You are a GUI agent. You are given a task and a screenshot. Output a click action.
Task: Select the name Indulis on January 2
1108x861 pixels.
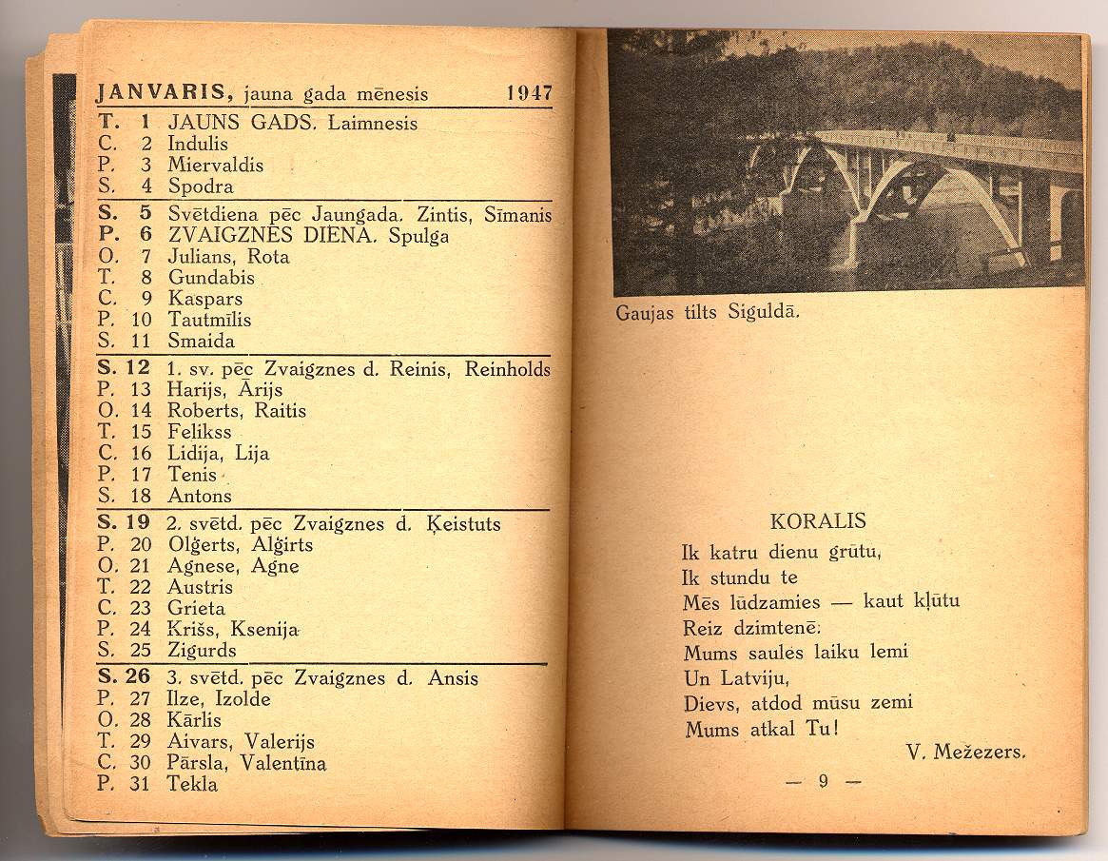(198, 145)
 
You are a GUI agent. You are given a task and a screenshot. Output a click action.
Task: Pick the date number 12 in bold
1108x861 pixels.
(138, 368)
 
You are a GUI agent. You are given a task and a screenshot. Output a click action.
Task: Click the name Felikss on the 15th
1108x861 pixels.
(199, 432)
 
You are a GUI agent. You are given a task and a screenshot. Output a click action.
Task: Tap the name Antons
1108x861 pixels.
(200, 496)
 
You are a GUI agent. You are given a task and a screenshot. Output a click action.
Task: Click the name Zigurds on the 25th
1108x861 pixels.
(202, 651)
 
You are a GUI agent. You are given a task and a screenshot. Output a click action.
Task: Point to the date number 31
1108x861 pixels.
(141, 784)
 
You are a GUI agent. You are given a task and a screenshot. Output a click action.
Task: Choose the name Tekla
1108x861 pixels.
(192, 784)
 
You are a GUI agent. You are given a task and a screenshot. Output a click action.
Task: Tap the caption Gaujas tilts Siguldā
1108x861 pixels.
(708, 312)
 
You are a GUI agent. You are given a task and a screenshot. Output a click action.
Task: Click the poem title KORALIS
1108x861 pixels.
(818, 521)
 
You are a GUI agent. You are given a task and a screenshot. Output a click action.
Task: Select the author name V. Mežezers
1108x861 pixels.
(966, 752)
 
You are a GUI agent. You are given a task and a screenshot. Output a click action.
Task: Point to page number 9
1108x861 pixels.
(824, 782)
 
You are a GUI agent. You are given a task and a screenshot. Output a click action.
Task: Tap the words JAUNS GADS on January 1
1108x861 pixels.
(245, 123)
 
